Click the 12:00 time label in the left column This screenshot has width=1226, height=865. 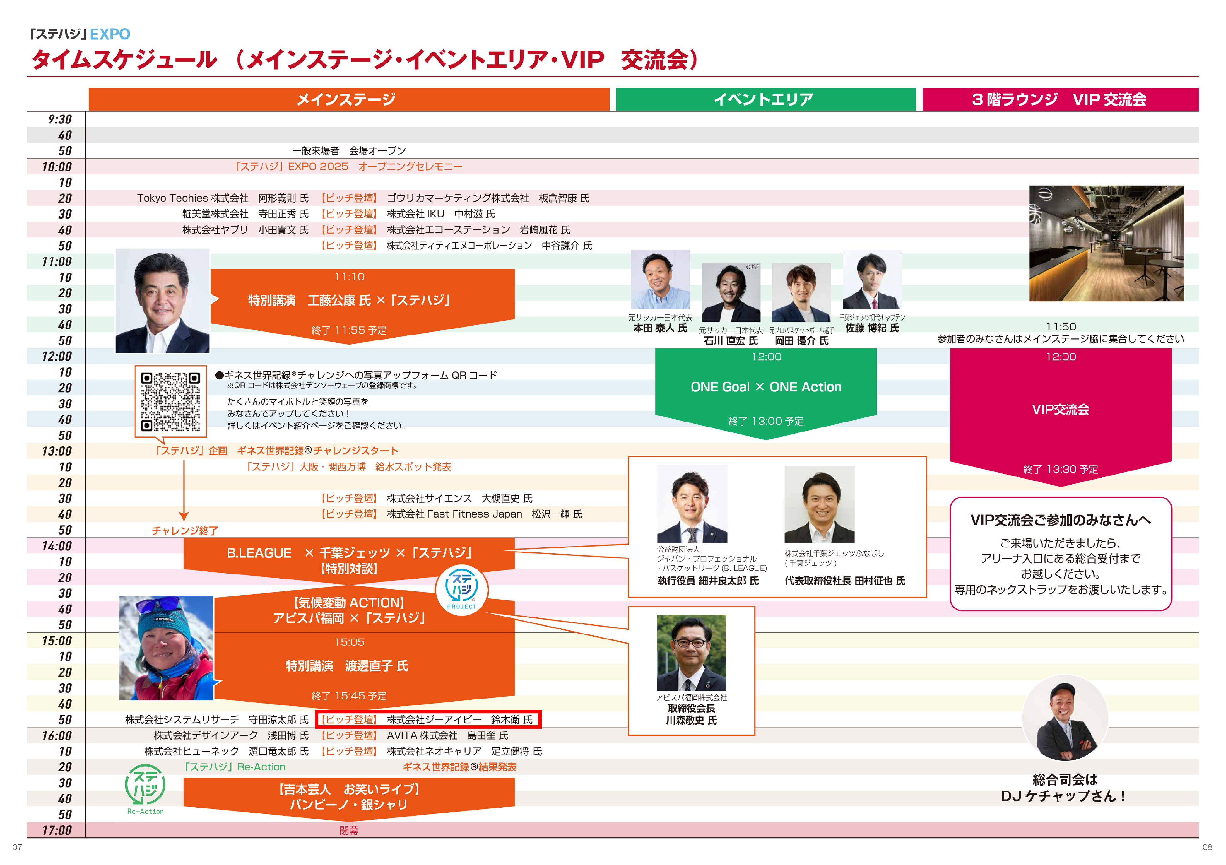(x=57, y=356)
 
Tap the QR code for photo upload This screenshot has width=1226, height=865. (x=170, y=401)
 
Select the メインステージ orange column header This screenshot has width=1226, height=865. (x=348, y=99)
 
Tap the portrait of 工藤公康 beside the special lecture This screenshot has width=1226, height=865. (x=163, y=302)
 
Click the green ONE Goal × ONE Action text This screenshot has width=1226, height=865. (x=766, y=387)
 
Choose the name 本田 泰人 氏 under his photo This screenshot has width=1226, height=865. (x=660, y=328)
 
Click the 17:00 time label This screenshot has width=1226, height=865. (x=57, y=830)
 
